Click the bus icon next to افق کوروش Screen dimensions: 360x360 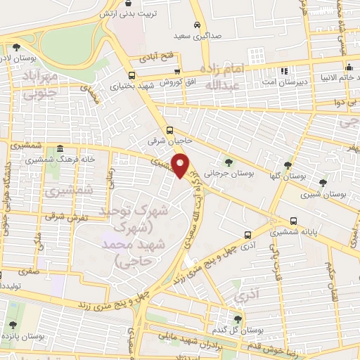(x=176, y=71)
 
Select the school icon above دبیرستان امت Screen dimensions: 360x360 (x=285, y=71)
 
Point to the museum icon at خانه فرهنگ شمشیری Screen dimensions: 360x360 (x=59, y=150)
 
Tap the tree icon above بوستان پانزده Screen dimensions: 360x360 (x=13, y=324)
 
